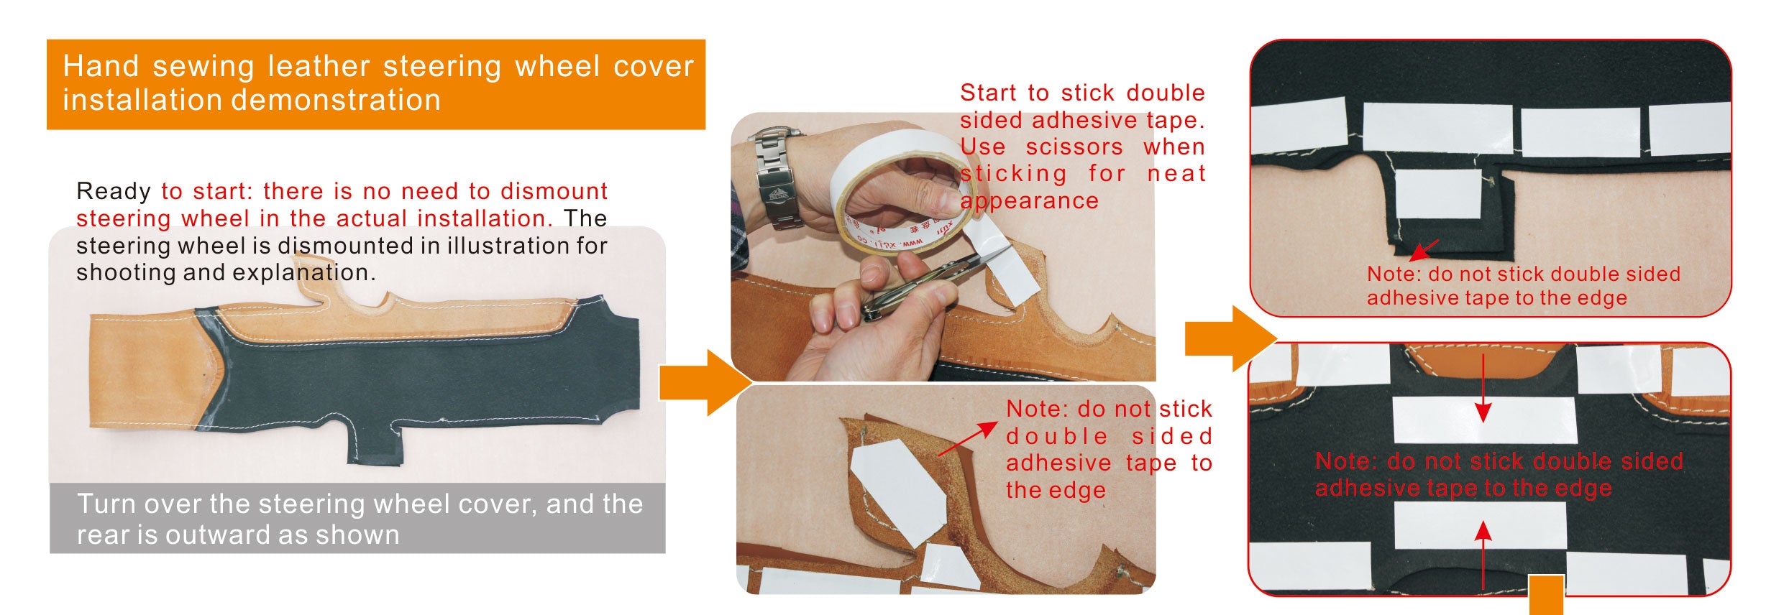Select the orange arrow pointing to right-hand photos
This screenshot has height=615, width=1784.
pyautogui.click(x=1230, y=338)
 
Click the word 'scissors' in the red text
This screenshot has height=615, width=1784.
pyautogui.click(x=1074, y=147)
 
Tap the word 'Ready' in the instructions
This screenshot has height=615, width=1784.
pyautogui.click(x=114, y=192)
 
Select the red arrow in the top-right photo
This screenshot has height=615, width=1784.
pyautogui.click(x=1424, y=250)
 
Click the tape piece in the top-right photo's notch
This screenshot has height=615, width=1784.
pyautogui.click(x=1438, y=194)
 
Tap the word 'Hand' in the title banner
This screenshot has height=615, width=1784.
pyautogui.click(x=101, y=66)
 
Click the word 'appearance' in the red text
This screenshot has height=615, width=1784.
pyautogui.click(x=1030, y=201)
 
